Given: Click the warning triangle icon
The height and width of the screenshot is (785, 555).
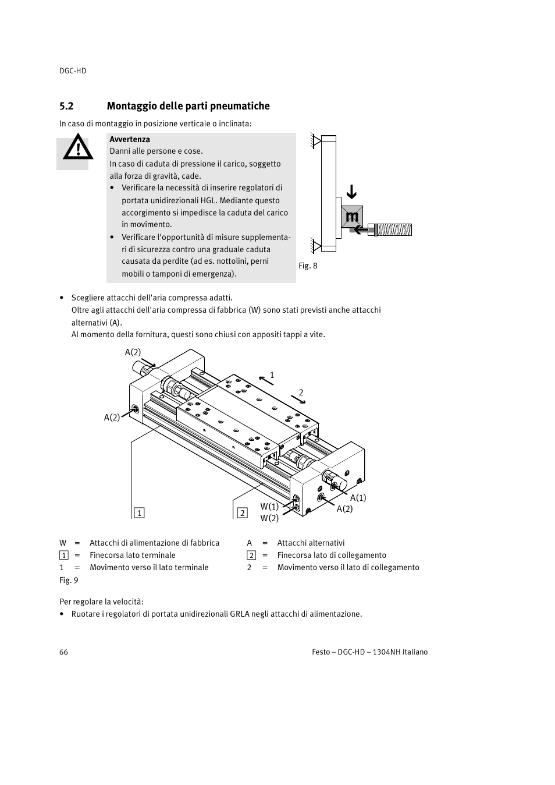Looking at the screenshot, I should point(77,149).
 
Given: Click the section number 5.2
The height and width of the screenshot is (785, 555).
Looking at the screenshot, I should point(66,106).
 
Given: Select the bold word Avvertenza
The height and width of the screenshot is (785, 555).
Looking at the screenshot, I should point(130,139).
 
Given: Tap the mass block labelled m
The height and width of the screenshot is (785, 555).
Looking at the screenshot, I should point(352,217).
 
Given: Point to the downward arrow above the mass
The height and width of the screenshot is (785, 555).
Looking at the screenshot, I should point(351,192).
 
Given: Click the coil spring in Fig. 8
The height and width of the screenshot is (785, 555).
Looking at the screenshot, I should point(394,229).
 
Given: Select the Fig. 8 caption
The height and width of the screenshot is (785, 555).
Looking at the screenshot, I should point(308,266).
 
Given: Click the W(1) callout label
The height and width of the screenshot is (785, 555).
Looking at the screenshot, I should point(269,507).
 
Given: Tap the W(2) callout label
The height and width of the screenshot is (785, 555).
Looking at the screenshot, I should point(269,518).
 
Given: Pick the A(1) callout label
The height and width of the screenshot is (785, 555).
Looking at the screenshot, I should point(358,497).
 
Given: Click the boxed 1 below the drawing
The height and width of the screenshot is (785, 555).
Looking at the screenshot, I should point(139,513).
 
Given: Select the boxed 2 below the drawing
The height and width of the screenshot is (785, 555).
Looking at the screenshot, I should point(242,513).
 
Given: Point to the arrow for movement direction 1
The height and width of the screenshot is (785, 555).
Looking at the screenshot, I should point(266,380).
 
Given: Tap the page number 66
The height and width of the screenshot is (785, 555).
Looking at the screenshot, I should point(63,652).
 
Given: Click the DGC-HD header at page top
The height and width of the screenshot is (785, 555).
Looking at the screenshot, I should point(73,70).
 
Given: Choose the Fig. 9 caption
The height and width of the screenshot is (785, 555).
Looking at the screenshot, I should point(69,580).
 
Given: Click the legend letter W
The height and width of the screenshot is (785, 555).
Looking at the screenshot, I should point(63,543).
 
